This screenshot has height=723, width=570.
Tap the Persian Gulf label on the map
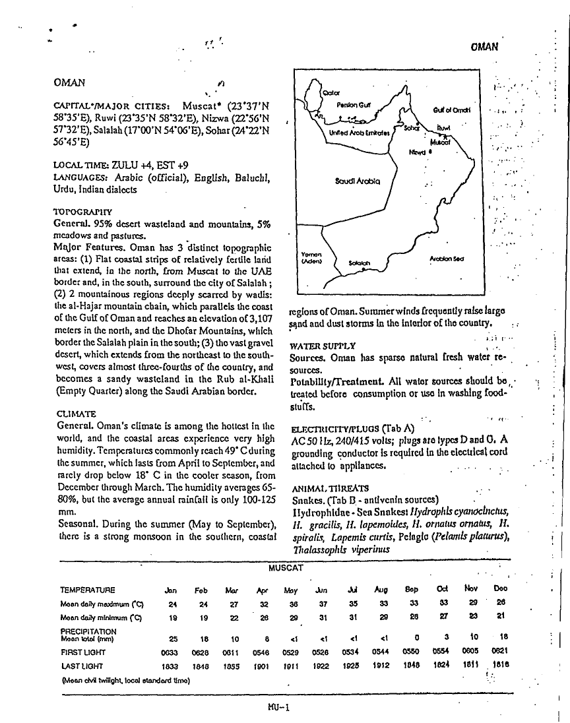point(354,104)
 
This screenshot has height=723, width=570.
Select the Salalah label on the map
point(360,263)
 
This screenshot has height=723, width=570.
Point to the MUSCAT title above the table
point(285,567)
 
